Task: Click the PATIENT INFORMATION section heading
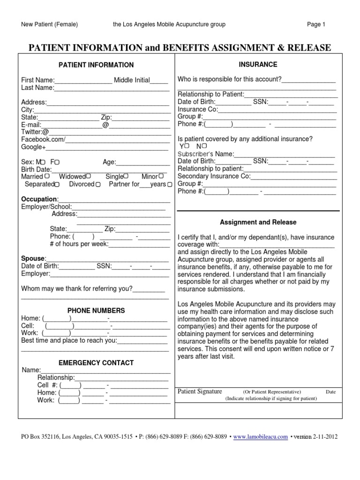point(96,65)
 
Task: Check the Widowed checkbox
point(88,176)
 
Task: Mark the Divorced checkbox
point(97,185)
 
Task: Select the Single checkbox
point(126,176)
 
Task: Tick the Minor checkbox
point(161,176)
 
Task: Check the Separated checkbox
point(57,185)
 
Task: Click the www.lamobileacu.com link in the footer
point(260,436)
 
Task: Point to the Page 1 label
point(316,24)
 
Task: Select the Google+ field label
point(33,147)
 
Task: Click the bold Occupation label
point(40,199)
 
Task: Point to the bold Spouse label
point(33,258)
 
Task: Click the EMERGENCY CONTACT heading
point(96,363)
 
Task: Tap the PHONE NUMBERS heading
point(96,310)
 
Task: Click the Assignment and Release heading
point(258,222)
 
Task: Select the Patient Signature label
point(200,391)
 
